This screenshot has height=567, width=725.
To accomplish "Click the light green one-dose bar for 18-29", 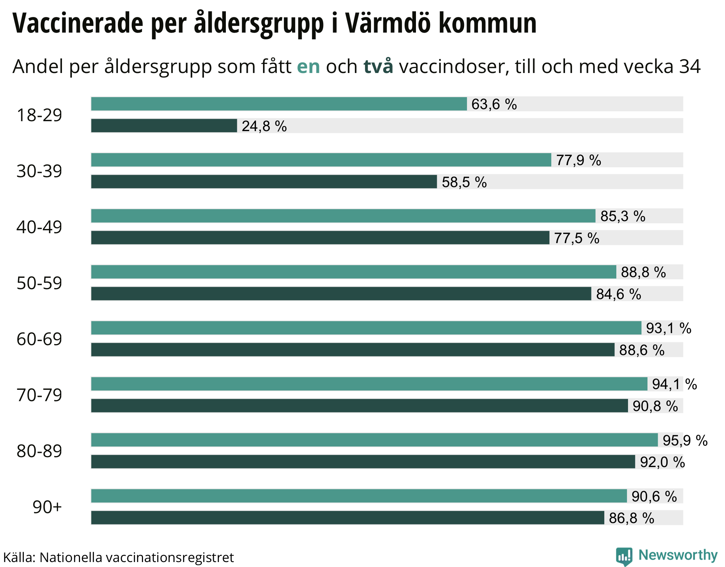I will point(279,104).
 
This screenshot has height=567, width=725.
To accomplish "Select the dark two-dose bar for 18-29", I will point(164,126).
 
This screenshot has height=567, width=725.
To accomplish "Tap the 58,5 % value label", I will point(464,182).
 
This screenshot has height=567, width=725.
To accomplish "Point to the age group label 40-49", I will point(39,227).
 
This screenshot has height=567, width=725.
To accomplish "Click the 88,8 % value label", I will point(643,272).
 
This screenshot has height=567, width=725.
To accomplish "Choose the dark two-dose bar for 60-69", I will point(353,350).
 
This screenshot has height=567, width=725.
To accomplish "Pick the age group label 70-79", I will point(39,395).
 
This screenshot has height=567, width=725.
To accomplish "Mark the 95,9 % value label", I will point(685,440).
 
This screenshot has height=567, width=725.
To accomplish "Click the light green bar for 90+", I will point(359,496).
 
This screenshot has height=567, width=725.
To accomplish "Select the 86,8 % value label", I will point(632,518).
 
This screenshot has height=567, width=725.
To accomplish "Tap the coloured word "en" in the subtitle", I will point(308,66).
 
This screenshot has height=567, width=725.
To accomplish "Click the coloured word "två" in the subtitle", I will point(378,66).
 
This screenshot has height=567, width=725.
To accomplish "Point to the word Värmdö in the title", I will point(388,23).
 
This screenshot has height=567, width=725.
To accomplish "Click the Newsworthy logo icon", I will point(624,556).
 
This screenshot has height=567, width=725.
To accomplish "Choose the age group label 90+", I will point(47,507).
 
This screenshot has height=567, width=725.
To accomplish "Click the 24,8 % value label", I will point(264,126).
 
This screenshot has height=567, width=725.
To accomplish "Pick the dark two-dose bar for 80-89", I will point(363,462).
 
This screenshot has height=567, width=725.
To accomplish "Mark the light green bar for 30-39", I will point(321,160).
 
